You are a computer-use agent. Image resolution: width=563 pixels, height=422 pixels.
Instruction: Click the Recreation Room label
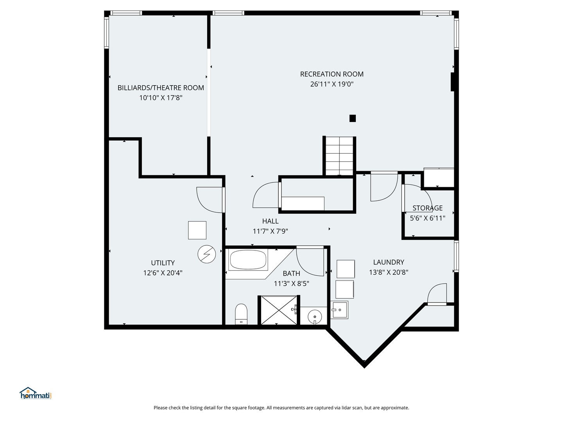pos(332,74)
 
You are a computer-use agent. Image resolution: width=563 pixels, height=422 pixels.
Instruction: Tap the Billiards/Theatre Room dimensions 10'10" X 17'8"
pos(161,98)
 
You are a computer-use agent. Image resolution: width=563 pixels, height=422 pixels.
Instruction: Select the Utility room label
pos(163,263)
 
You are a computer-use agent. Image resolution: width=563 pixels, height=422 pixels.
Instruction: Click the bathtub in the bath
pos(248,259)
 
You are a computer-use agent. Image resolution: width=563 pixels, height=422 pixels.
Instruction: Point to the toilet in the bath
pos(241,314)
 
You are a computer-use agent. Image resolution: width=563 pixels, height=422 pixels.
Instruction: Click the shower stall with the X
pos(278,310)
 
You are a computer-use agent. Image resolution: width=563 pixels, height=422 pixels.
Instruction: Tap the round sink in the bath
pos(315,317)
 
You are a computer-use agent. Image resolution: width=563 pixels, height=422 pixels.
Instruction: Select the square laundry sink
pos(339,310)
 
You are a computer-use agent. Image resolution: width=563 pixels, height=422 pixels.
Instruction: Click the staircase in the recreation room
pos(339,156)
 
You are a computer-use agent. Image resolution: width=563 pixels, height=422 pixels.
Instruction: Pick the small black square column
pos(353,118)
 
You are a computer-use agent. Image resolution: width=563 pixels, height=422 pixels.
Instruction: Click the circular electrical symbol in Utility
pos(206,254)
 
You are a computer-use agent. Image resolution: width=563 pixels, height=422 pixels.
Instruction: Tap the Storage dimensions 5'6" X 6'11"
pos(427,218)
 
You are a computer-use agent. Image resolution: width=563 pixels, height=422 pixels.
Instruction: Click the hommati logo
pos(36,393)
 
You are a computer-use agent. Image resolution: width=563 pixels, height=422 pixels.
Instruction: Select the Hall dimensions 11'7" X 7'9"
pos(270,231)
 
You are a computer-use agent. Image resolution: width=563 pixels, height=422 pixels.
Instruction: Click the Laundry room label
pos(389,262)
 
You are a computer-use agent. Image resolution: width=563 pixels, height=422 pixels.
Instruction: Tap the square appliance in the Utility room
pos(197,231)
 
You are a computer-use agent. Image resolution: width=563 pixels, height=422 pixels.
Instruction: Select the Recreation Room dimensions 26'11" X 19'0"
pos(332,84)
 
